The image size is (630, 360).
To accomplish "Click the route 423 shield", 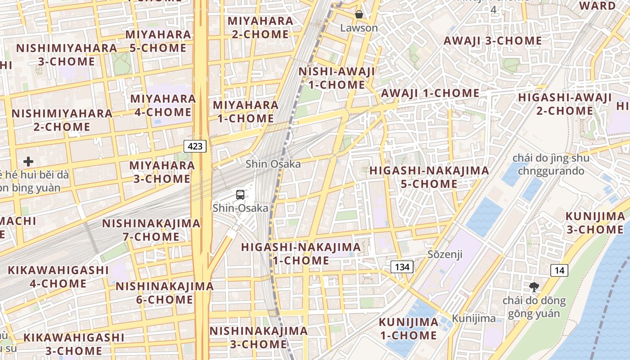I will click(195, 146).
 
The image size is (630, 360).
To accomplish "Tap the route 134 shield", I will click(402, 267).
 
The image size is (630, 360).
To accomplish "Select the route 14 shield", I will click(559, 270).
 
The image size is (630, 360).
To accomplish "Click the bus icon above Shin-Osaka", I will click(240, 195).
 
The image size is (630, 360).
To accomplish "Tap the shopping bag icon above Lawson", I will click(359, 14).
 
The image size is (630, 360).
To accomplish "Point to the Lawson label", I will click(359, 28).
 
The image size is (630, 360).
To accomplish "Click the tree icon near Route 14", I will click(534, 287).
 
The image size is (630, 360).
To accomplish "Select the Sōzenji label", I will click(445, 255).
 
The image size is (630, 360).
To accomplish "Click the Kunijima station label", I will click(474, 319).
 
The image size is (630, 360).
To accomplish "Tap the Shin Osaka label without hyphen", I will click(273, 164).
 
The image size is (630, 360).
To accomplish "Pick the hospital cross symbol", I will click(28, 161).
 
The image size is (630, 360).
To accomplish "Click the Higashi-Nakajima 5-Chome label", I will click(429, 177).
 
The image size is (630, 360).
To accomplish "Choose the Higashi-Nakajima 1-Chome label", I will click(301, 254).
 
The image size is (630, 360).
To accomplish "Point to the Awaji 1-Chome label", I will click(430, 93).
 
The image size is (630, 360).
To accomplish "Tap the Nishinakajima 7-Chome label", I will click(151, 230).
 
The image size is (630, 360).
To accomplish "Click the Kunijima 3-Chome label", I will click(595, 223).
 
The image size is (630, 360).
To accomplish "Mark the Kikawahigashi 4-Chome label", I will click(58, 277).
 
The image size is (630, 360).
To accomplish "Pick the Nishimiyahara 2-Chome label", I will click(62, 120).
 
